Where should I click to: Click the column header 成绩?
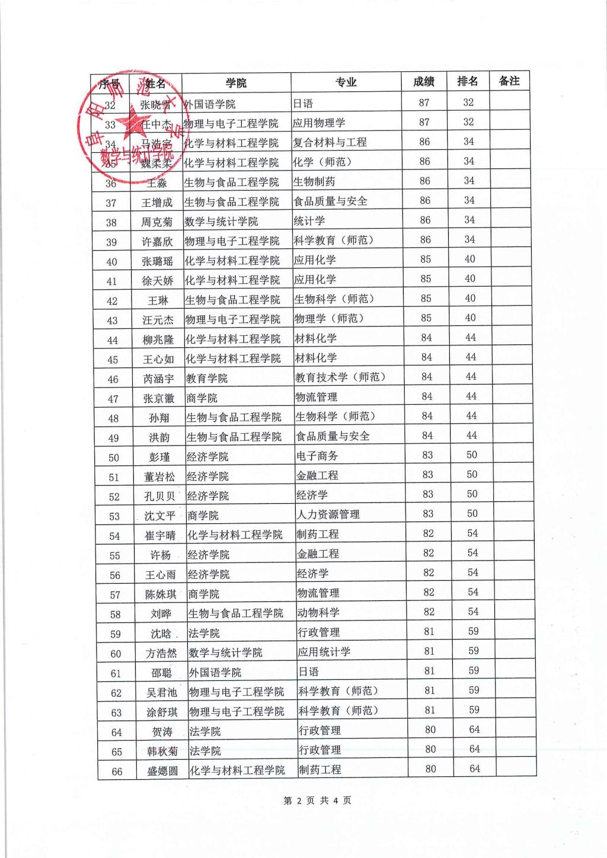click(424, 82)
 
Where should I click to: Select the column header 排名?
click(468, 81)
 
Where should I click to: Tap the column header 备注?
click(509, 81)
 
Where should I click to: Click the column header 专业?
click(346, 82)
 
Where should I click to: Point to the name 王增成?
click(156, 203)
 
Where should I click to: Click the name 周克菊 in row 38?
click(157, 222)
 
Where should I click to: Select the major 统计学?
click(309, 221)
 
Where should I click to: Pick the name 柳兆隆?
click(158, 340)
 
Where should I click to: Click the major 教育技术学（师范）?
click(340, 377)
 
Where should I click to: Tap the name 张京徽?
click(159, 399)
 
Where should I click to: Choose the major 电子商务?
click(317, 456)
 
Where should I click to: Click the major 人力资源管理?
click(328, 514)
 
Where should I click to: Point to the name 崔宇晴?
click(160, 536)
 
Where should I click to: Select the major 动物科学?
click(318, 613)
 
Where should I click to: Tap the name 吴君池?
click(162, 693)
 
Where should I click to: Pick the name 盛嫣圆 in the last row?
click(162, 771)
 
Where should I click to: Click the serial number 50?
click(114, 457)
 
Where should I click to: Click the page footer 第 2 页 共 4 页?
click(317, 801)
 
